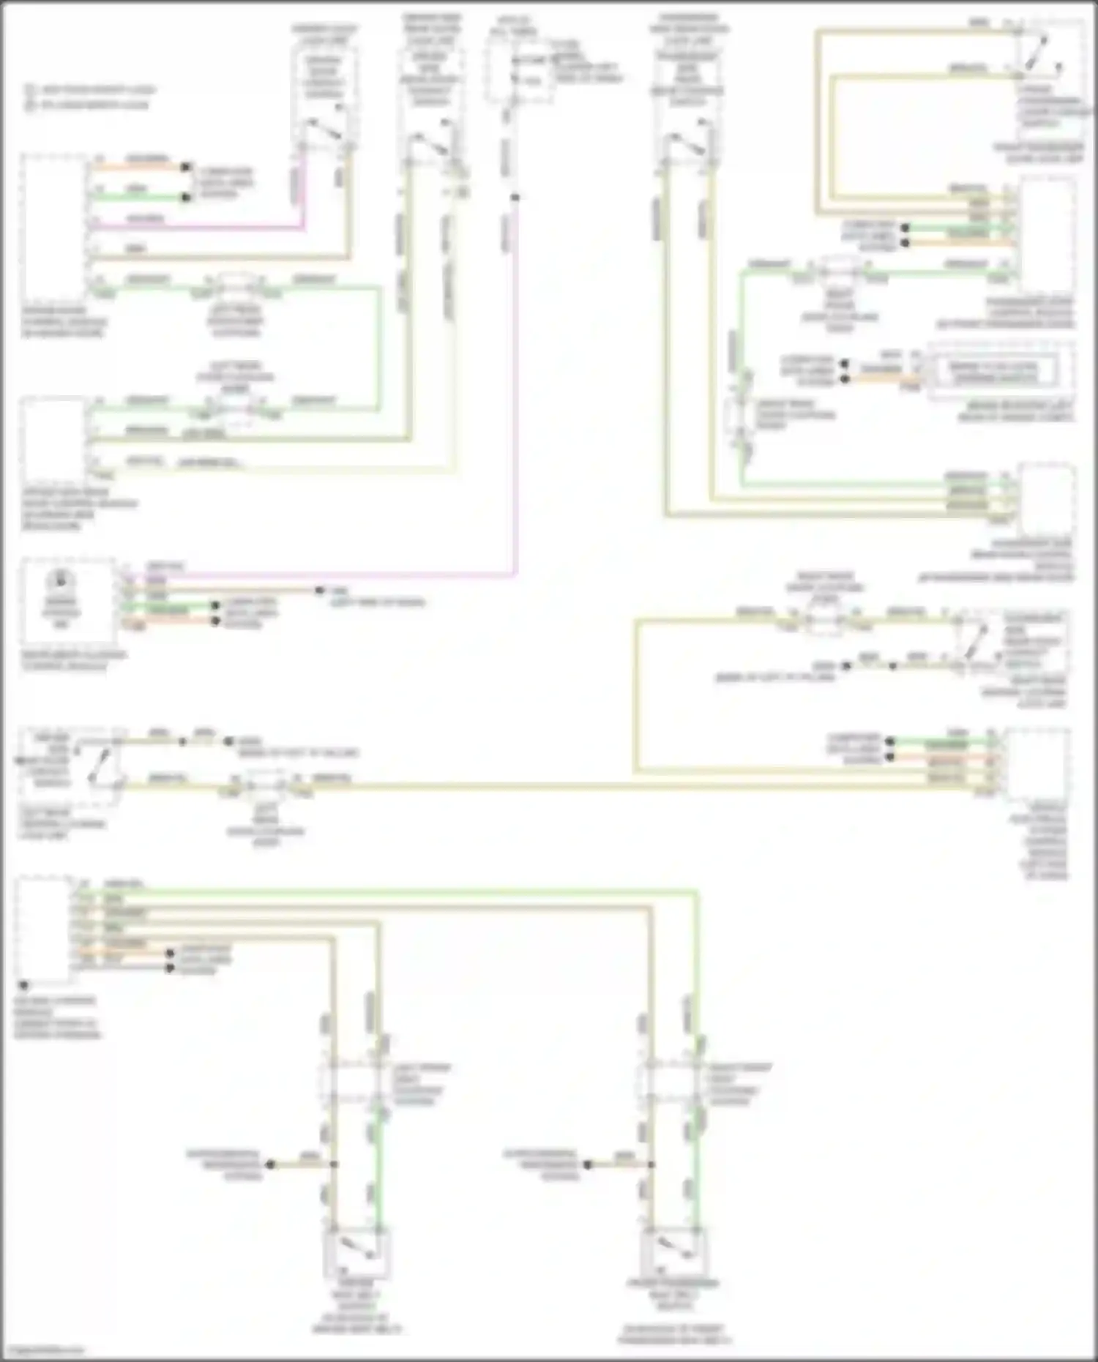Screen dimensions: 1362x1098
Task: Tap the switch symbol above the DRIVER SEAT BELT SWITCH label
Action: point(356,1253)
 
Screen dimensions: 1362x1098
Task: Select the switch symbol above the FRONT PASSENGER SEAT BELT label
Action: point(672,1253)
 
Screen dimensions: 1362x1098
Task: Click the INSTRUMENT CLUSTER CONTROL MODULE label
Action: point(73,660)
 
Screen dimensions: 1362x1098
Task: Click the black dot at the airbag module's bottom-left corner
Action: point(24,985)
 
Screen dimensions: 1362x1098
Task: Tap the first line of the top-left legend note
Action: point(91,90)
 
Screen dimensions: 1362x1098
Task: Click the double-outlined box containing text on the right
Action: point(993,372)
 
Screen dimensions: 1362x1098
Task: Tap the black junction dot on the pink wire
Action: point(515,197)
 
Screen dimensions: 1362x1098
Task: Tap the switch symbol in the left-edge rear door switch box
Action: point(101,766)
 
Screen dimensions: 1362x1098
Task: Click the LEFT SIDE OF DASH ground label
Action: point(377,602)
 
